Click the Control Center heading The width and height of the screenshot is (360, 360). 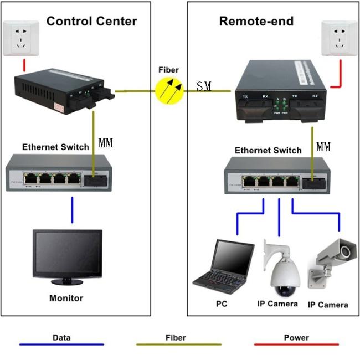click(x=91, y=22)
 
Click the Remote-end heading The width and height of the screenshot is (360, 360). click(x=256, y=22)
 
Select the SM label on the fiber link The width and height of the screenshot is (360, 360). click(x=204, y=87)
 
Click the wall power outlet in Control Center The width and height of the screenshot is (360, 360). click(x=20, y=39)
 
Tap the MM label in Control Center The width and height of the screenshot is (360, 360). click(x=105, y=143)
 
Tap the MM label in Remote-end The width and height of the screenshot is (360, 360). click(x=323, y=147)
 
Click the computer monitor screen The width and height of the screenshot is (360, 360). click(x=67, y=253)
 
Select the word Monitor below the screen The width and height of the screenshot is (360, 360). click(x=66, y=298)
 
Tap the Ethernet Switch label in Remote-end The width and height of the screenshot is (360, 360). click(x=268, y=150)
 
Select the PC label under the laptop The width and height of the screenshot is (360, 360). click(x=222, y=304)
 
